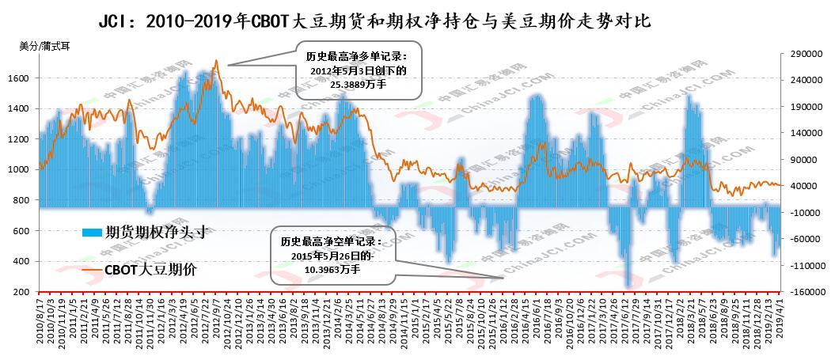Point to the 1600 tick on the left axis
tap(23, 78)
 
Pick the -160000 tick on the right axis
tap(801, 292)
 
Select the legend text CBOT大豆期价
tap(150, 270)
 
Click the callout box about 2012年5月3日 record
tap(359, 70)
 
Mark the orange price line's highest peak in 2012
tap(216, 61)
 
